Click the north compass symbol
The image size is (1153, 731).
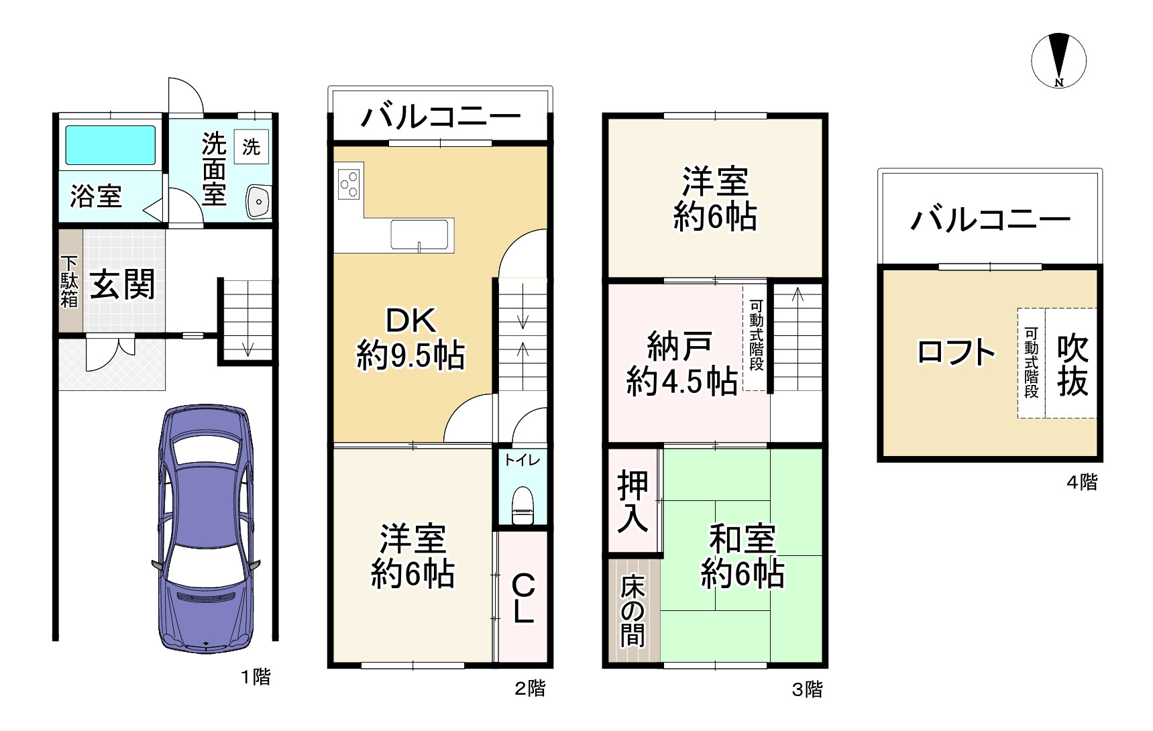click(x=1058, y=60)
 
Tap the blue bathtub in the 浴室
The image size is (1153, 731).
click(x=110, y=146)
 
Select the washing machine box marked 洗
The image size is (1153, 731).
click(x=252, y=147)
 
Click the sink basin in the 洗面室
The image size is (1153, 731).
click(x=258, y=201)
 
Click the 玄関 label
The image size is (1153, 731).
click(x=123, y=284)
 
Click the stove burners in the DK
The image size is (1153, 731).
click(x=349, y=184)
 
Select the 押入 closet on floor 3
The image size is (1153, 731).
click(x=633, y=501)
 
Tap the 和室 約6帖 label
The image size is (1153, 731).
click(x=742, y=557)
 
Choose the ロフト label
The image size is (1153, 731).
click(x=956, y=352)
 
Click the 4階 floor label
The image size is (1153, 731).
click(x=1081, y=482)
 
